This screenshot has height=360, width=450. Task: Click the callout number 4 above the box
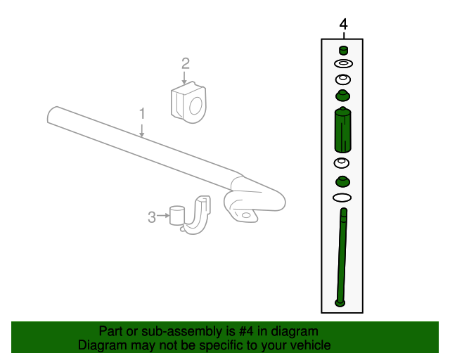pyautogui.click(x=343, y=25)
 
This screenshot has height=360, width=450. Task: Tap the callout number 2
pyautogui.click(x=185, y=64)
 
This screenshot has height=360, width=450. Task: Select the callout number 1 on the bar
pyautogui.click(x=142, y=113)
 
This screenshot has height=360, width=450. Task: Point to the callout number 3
pyautogui.click(x=151, y=218)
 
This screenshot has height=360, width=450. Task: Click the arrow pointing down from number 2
pyautogui.click(x=185, y=79)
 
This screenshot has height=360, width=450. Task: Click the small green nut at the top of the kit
pyautogui.click(x=343, y=50)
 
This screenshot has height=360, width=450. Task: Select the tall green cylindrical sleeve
pyautogui.click(x=342, y=130)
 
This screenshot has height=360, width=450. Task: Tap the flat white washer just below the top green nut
pyautogui.click(x=343, y=64)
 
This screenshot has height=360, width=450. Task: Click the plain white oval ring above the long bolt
pyautogui.click(x=342, y=198)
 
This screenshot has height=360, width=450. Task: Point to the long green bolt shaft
pyautogui.click(x=342, y=253)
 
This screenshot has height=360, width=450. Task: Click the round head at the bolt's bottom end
pyautogui.click(x=341, y=303)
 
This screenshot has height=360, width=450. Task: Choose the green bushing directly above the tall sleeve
pyautogui.click(x=342, y=96)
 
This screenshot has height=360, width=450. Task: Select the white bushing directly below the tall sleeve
pyautogui.click(x=342, y=164)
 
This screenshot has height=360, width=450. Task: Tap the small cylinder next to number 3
pyautogui.click(x=176, y=214)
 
